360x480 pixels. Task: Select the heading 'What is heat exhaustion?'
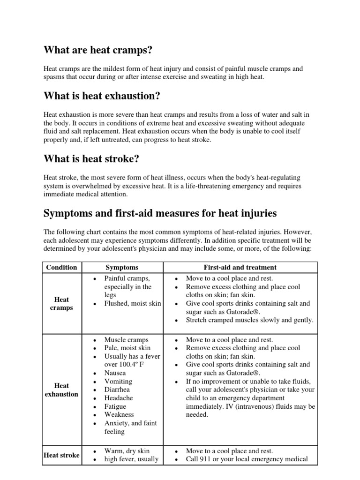click(102, 96)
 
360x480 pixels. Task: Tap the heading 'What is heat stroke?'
click(91, 159)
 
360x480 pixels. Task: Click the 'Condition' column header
click(61, 267)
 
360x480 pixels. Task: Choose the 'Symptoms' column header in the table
click(122, 267)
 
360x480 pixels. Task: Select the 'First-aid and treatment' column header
click(240, 267)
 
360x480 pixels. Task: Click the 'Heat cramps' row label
click(61, 304)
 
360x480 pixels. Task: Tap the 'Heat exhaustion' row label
click(61, 390)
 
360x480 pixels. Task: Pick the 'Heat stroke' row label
click(61, 455)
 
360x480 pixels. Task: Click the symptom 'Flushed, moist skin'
click(132, 304)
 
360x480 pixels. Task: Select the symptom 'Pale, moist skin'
click(127, 348)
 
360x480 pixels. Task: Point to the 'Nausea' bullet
click(115, 373)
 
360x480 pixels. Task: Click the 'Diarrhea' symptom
click(117, 390)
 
